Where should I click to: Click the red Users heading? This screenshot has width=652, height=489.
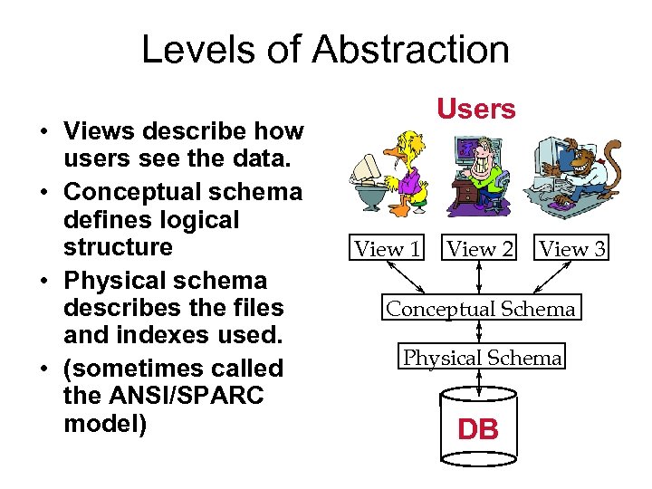coord(475,110)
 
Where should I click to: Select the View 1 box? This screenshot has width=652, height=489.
coord(387,248)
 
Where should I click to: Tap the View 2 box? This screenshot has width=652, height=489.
coord(480,248)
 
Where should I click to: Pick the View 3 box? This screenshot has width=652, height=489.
coord(572,248)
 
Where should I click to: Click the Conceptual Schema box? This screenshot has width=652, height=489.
coord(480,309)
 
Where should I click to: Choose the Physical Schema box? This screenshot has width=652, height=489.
coord(482,358)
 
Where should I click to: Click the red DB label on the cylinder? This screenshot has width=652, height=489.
coord(478,428)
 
